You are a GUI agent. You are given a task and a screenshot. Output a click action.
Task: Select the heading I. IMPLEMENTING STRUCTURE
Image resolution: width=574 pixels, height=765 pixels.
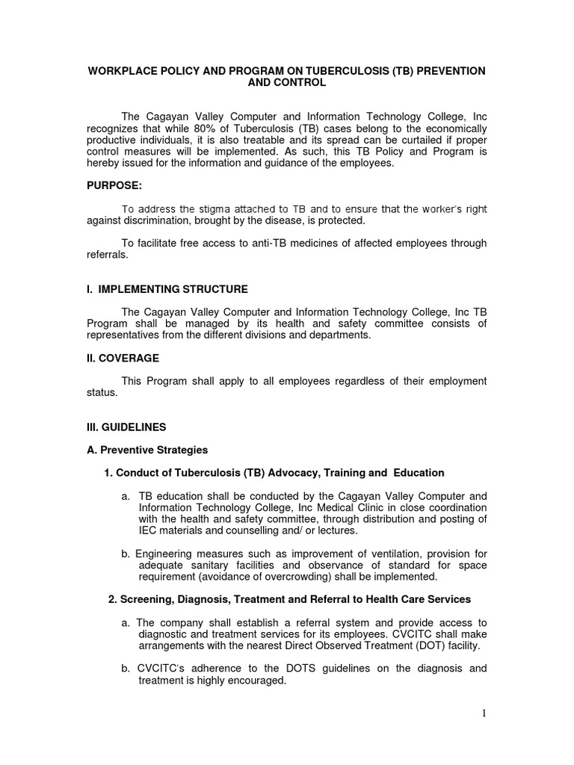[x=167, y=289]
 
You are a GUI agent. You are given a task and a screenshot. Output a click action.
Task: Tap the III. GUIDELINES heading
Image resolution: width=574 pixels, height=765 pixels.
[x=126, y=427]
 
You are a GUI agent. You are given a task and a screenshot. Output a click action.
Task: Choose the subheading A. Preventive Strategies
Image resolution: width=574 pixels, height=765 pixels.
[x=147, y=450]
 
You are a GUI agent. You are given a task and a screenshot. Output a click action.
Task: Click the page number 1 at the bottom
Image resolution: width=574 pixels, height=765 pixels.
[x=484, y=713]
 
